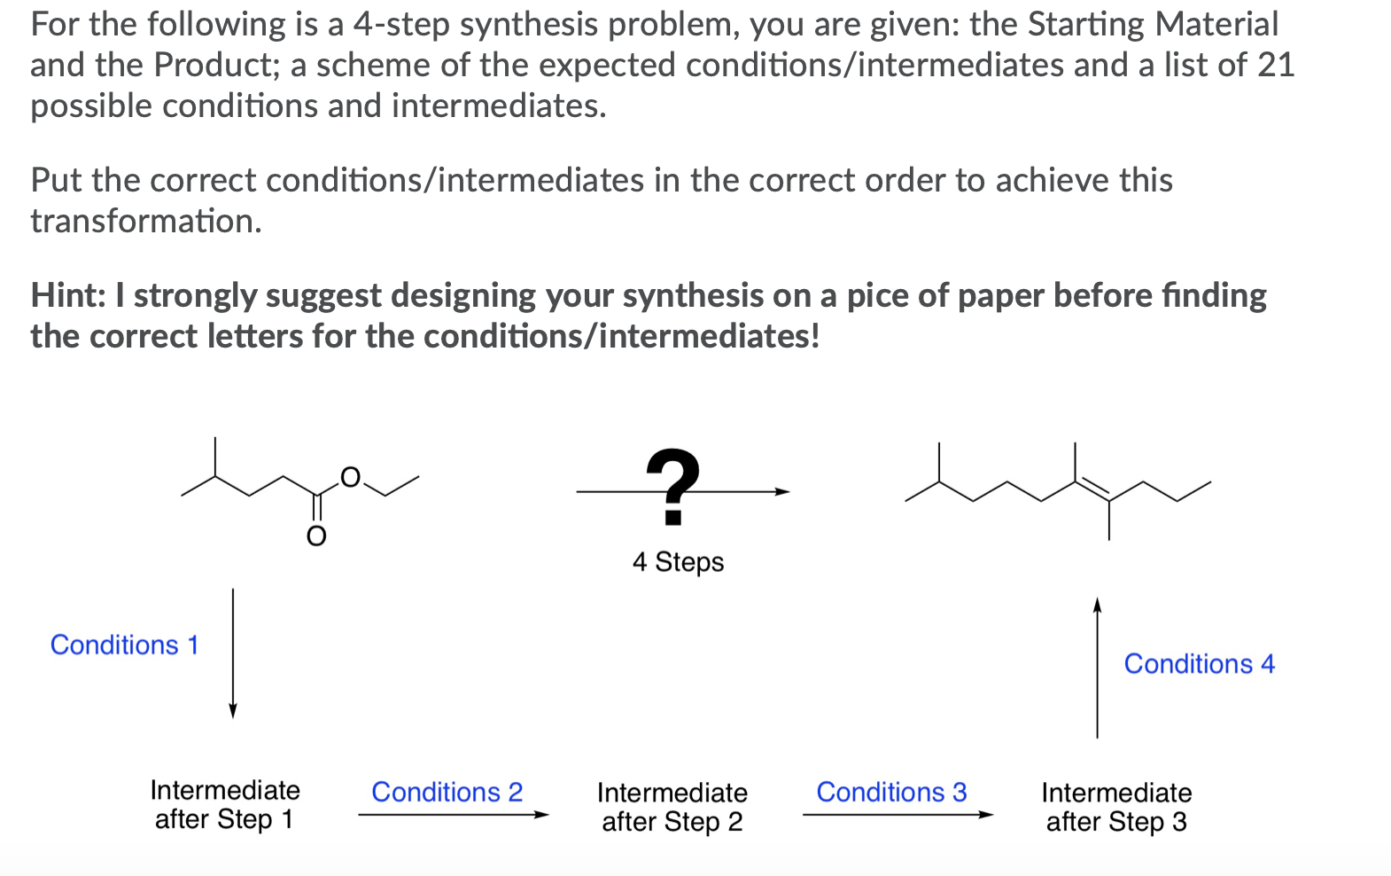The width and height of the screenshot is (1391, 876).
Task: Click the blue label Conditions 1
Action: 124,645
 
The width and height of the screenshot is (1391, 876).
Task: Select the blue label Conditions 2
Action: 447,792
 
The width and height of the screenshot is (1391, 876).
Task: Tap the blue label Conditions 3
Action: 891,792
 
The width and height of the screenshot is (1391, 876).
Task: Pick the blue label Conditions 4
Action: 1199,664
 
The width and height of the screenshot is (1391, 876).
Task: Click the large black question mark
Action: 673,486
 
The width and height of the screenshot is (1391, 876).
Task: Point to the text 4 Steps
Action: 678,562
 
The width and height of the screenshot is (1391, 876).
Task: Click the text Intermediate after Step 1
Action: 225,804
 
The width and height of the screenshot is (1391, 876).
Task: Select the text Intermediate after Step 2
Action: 672,807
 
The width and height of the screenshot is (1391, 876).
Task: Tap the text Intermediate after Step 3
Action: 1116,807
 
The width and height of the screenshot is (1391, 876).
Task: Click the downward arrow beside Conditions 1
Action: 233,653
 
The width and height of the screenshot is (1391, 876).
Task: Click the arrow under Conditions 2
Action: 453,815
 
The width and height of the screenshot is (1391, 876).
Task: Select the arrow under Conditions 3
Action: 898,815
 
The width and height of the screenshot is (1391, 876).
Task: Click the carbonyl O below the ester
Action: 316,536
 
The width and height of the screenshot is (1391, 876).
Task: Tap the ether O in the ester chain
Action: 351,477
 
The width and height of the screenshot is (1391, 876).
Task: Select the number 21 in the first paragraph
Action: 1276,65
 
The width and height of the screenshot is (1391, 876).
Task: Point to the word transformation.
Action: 146,221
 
